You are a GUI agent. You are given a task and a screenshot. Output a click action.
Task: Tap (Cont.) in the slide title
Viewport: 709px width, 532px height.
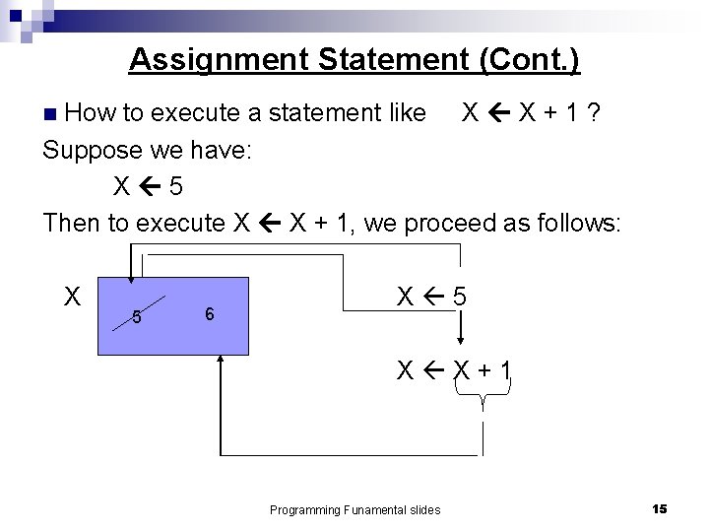tap(529, 59)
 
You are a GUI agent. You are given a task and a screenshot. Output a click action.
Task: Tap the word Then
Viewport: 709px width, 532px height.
tap(72, 223)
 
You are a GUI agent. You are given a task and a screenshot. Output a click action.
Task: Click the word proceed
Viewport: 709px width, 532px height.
tap(461, 223)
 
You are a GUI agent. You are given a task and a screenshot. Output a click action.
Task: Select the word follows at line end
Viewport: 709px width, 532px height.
tap(579, 223)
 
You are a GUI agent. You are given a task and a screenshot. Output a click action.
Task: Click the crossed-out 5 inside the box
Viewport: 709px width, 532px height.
tap(138, 317)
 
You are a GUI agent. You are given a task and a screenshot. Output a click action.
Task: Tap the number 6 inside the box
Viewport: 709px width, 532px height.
tap(209, 313)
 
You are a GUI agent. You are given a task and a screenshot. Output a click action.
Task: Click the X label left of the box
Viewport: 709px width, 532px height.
tap(72, 296)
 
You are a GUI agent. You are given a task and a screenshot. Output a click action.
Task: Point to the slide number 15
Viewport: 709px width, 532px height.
tap(660, 507)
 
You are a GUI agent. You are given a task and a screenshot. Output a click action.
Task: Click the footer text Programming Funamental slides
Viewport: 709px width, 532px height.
tap(355, 509)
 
